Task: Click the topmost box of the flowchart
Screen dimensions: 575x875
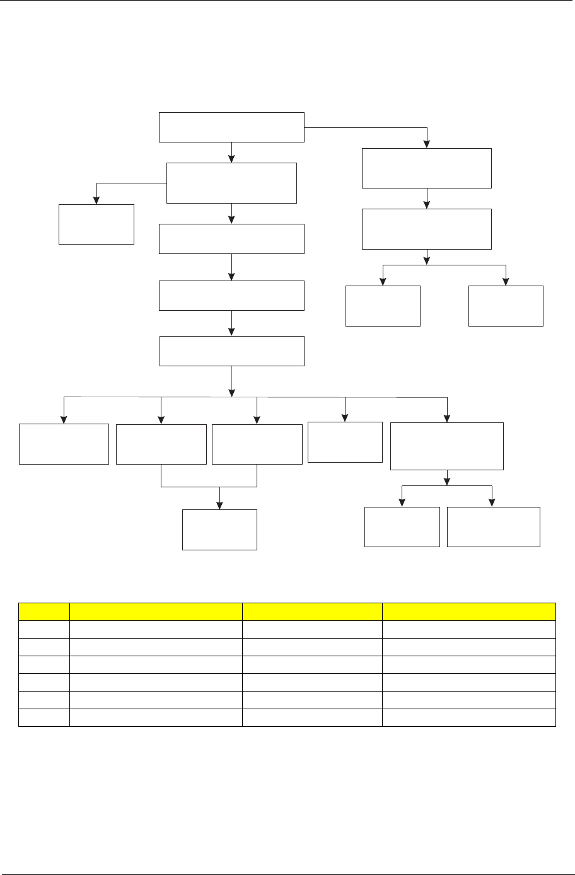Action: [x=231, y=127]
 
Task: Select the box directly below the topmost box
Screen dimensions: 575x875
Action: [x=231, y=183]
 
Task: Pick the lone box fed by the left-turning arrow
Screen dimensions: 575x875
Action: [x=96, y=224]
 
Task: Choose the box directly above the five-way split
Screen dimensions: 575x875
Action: [x=231, y=351]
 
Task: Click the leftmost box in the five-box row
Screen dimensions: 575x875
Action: [x=64, y=444]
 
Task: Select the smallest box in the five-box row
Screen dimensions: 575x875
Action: [x=346, y=442]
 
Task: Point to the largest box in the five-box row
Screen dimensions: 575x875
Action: [x=447, y=446]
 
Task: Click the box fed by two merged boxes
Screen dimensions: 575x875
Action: [x=219, y=530]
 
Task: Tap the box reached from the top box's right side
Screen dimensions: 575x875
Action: [x=427, y=168]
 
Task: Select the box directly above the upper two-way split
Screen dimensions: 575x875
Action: [x=427, y=229]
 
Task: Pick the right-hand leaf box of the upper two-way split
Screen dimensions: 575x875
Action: [x=506, y=306]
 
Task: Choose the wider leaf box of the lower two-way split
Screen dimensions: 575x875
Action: [x=493, y=526]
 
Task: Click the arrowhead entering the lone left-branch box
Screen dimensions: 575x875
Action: [x=96, y=200]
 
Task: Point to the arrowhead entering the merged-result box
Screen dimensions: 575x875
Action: [x=219, y=505]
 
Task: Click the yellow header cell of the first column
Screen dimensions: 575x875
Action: [x=44, y=612]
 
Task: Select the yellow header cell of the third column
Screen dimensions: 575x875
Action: [x=312, y=612]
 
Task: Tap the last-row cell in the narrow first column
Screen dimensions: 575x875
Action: [x=44, y=717]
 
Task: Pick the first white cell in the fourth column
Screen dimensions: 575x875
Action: [x=468, y=629]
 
